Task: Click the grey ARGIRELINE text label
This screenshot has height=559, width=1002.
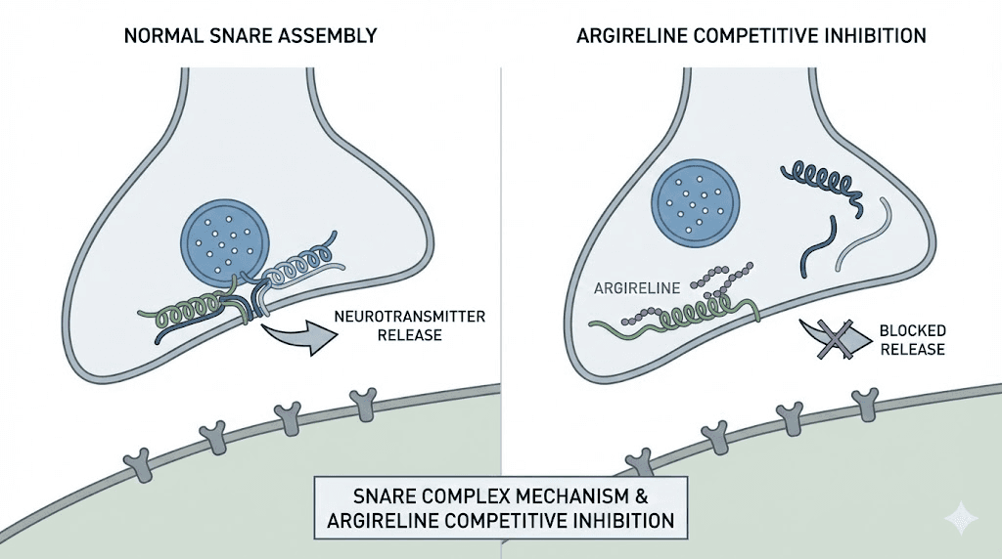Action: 634,288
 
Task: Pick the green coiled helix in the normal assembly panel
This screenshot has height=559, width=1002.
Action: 186,314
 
